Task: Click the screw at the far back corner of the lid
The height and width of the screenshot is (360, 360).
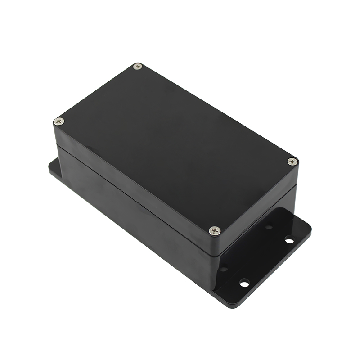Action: tap(138, 67)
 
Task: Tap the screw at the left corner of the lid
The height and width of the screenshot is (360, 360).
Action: tap(58, 121)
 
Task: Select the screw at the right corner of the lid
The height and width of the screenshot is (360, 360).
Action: tap(292, 161)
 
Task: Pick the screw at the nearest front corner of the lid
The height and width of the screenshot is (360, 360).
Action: tap(215, 230)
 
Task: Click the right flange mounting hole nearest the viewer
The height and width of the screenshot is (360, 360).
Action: tap(244, 283)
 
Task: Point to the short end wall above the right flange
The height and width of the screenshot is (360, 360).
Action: tap(256, 238)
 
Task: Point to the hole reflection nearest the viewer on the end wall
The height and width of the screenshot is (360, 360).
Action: tap(224, 269)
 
